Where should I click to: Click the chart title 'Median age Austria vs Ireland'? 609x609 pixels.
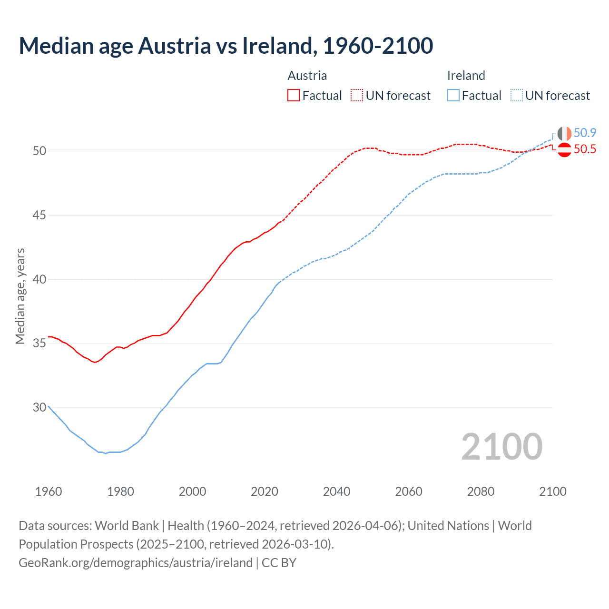[x=226, y=46]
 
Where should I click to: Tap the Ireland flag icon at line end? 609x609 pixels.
[x=564, y=133]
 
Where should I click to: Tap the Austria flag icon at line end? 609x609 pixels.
[x=564, y=149]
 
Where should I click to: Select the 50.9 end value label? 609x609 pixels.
[x=585, y=133]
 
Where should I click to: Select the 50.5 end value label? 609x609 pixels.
[x=585, y=149]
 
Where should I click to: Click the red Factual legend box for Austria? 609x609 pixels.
[x=294, y=96]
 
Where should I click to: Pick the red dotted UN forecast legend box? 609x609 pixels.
[x=357, y=96]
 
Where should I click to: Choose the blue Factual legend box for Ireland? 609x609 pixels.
[x=453, y=96]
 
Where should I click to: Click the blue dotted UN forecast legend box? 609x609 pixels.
[x=517, y=96]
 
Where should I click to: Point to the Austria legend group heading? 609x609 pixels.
[x=307, y=76]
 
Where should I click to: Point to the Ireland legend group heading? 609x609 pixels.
[x=466, y=76]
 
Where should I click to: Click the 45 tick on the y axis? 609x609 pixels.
[x=39, y=215]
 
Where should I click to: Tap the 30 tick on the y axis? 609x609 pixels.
[x=39, y=407]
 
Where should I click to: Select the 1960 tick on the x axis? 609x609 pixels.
[x=49, y=491]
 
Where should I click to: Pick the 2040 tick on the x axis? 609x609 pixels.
[x=336, y=491]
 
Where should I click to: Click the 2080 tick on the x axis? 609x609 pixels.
[x=481, y=491]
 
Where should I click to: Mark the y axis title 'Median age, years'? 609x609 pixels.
[x=20, y=296]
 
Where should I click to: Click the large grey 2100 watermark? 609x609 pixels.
[x=501, y=446]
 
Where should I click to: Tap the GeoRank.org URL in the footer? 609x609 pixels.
[x=136, y=563]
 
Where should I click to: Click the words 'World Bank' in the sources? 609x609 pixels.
[x=127, y=526]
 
